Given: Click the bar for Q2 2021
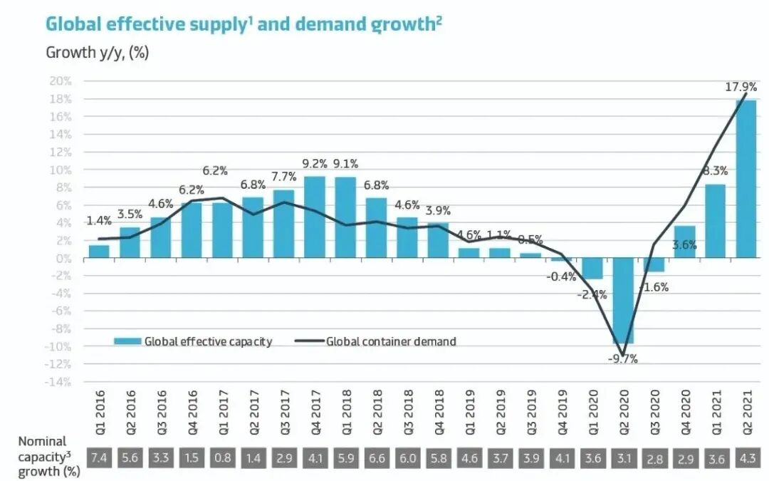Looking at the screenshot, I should click(746, 178).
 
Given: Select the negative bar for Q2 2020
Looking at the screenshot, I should click(623, 301).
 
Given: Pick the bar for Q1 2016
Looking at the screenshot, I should click(99, 252).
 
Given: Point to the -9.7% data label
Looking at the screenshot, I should click(622, 359).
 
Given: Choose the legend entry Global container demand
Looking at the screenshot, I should click(391, 341).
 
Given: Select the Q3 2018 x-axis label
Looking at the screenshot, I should click(407, 410).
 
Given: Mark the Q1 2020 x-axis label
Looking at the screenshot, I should click(592, 410).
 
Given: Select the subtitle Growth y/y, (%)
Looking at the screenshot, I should click(98, 53).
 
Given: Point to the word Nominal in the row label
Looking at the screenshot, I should click(42, 442).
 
